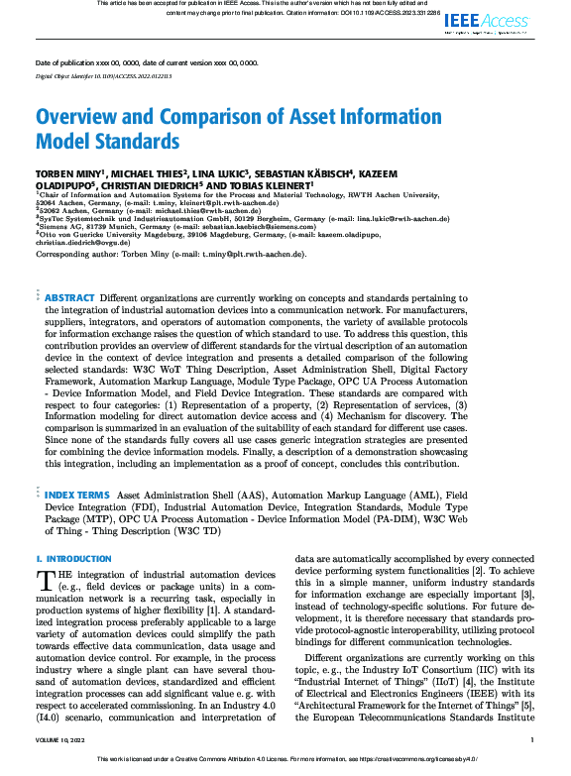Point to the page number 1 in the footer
(x=532, y=739)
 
